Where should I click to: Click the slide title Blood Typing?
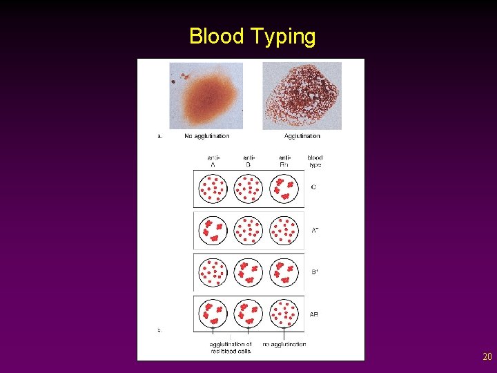click(x=252, y=36)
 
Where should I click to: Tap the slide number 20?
click(x=487, y=357)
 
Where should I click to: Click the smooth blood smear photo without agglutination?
click(x=206, y=95)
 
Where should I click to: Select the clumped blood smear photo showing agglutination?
click(x=302, y=95)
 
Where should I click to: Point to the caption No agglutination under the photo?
click(x=207, y=136)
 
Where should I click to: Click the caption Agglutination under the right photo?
click(x=302, y=136)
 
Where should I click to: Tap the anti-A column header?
click(x=213, y=162)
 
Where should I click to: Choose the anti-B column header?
click(x=248, y=162)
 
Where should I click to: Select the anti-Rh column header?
click(x=284, y=162)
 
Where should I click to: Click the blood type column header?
click(x=315, y=162)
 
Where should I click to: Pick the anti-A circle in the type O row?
click(x=213, y=188)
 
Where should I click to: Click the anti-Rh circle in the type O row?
click(x=285, y=188)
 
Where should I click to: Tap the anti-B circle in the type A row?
click(x=249, y=231)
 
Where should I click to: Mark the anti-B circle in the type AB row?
click(x=249, y=314)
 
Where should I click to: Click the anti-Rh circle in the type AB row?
click(x=285, y=314)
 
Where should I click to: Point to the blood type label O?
click(x=314, y=188)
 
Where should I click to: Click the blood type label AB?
click(x=314, y=314)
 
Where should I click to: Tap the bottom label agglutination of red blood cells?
click(x=231, y=347)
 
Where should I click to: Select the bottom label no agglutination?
click(x=284, y=344)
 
